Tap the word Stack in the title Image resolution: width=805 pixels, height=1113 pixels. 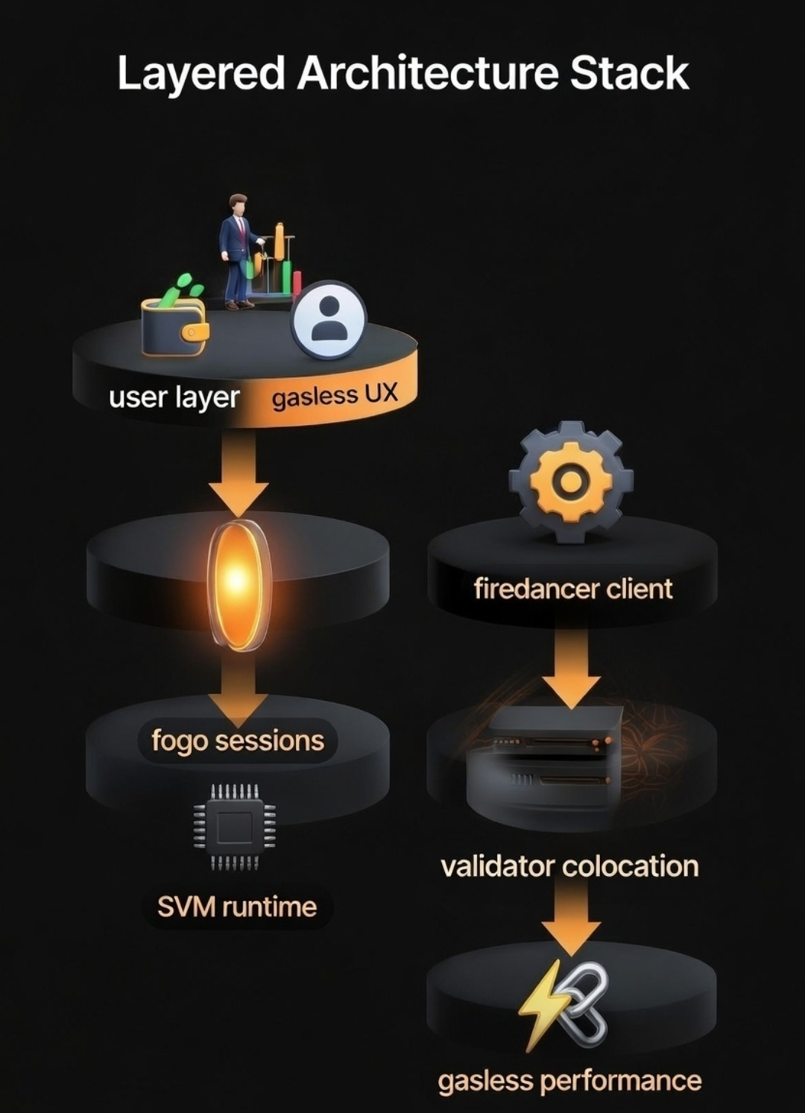pyautogui.click(x=630, y=73)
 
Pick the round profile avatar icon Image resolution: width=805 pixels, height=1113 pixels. pyautogui.click(x=329, y=320)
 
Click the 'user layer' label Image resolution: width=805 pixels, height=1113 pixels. pyautogui.click(x=174, y=397)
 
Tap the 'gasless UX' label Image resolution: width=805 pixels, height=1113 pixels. pyautogui.click(x=335, y=395)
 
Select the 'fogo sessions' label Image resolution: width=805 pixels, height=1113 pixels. pyautogui.click(x=238, y=741)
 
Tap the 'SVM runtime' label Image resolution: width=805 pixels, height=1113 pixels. pyautogui.click(x=237, y=907)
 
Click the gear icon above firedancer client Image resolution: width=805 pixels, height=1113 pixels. pyautogui.click(x=571, y=481)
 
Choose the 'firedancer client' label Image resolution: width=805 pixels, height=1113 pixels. pyautogui.click(x=573, y=589)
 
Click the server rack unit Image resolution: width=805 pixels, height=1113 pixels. pyautogui.click(x=552, y=760)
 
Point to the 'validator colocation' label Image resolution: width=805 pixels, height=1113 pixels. pyautogui.click(x=569, y=866)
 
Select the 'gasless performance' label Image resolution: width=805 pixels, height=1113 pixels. pyautogui.click(x=569, y=1081)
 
